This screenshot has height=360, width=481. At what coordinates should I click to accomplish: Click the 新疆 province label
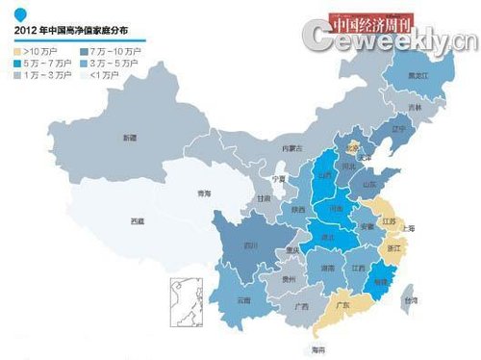[x=129, y=139]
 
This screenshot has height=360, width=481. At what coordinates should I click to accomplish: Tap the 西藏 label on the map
[x=138, y=221]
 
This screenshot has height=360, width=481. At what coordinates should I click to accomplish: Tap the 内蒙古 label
[x=291, y=148]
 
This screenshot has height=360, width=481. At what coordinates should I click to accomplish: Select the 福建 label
[x=381, y=283]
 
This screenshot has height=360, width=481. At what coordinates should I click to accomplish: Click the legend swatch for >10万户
[x=18, y=48]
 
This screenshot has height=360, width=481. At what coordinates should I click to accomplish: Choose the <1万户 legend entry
[x=106, y=73]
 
